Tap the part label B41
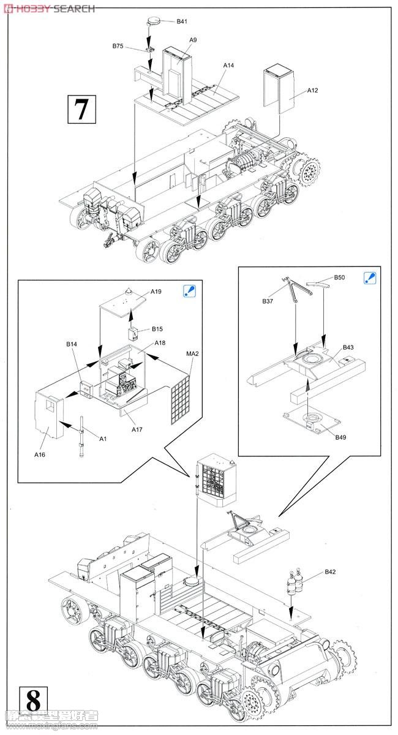click(182, 21)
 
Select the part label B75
click(118, 46)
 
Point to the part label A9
click(192, 40)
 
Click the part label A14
click(228, 65)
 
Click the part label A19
click(156, 292)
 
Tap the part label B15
click(157, 330)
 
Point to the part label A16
click(40, 454)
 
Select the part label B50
click(339, 277)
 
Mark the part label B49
click(340, 437)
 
